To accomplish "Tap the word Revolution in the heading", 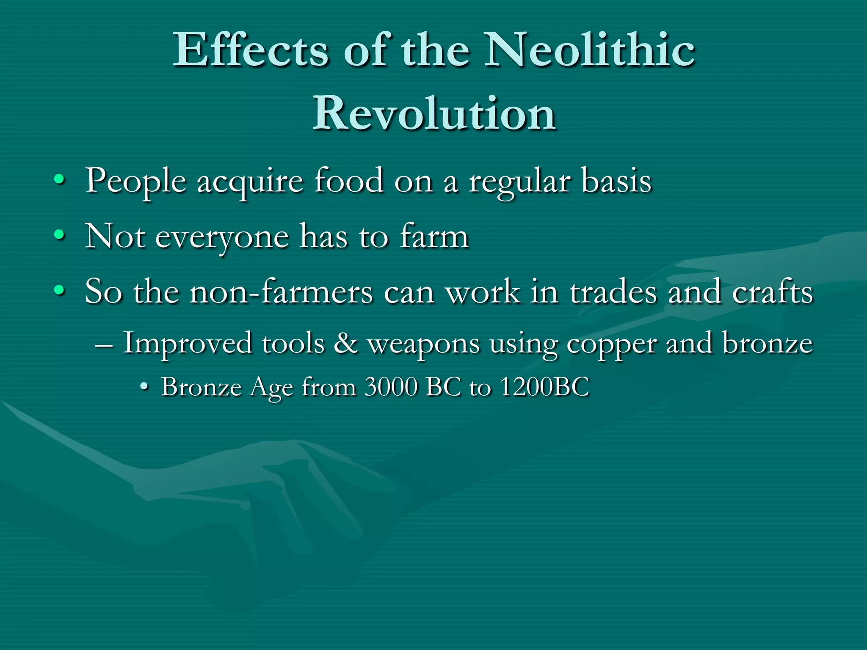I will point(434,113).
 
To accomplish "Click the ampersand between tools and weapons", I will point(345,343).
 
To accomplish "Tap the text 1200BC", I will point(544,387).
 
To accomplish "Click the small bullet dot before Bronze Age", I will point(145,387).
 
